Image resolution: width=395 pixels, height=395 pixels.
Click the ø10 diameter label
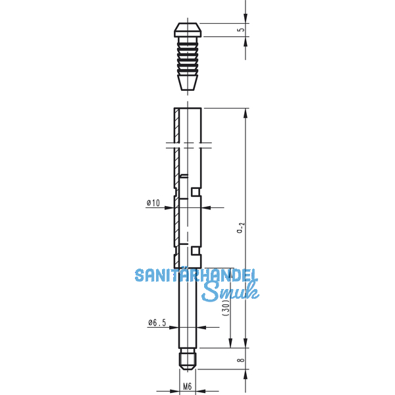pos(153,203)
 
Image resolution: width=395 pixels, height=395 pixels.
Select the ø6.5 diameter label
pos(157,323)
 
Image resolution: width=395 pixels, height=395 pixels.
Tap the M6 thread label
pos(187,386)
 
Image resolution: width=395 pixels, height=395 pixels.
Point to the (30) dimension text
pos(226,307)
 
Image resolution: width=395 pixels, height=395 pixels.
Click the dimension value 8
pos(241,359)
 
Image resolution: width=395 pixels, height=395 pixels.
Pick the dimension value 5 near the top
pos(241,30)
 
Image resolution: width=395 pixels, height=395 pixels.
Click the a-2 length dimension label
pos(241,228)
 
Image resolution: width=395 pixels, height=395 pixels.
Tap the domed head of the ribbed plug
pos(188,30)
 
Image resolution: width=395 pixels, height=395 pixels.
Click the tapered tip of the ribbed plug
pos(188,82)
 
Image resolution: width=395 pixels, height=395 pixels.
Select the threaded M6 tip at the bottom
pos(188,359)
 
